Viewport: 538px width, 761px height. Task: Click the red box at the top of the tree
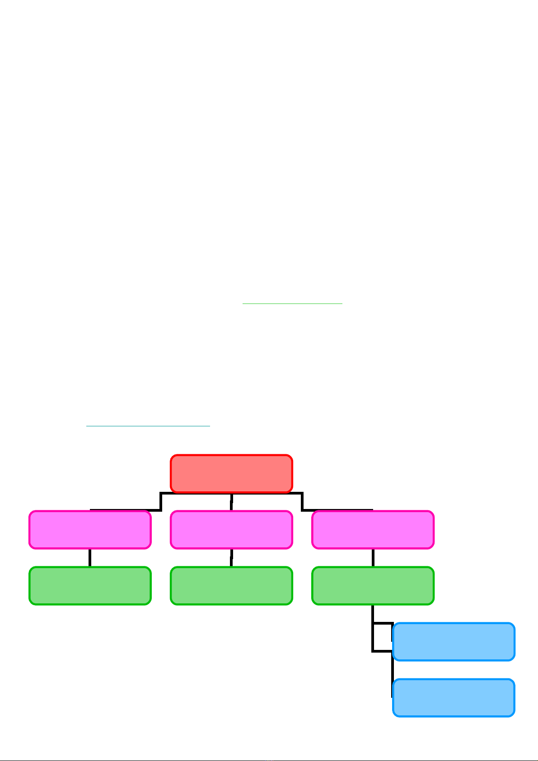pyautogui.click(x=231, y=473)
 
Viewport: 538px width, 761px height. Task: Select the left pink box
pyautogui.click(x=90, y=530)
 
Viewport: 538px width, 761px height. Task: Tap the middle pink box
pyautogui.click(x=231, y=530)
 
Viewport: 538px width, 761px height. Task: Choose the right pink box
pyautogui.click(x=373, y=530)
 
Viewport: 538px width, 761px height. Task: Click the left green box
pyautogui.click(x=90, y=586)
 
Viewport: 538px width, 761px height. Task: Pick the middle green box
pyautogui.click(x=231, y=586)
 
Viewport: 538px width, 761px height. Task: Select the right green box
pyautogui.click(x=373, y=586)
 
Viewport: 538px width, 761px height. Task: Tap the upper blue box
pyautogui.click(x=454, y=642)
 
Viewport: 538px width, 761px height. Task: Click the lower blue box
pyautogui.click(x=454, y=698)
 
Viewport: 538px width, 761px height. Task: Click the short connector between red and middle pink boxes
pyautogui.click(x=231, y=501)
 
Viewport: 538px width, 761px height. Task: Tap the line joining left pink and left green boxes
pyautogui.click(x=90, y=558)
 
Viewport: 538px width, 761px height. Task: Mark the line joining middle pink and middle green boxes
pyautogui.click(x=231, y=558)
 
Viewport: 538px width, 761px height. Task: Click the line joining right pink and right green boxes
pyautogui.click(x=373, y=558)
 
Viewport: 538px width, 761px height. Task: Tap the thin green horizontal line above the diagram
pyautogui.click(x=292, y=304)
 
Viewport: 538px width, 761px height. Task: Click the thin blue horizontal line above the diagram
pyautogui.click(x=148, y=426)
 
